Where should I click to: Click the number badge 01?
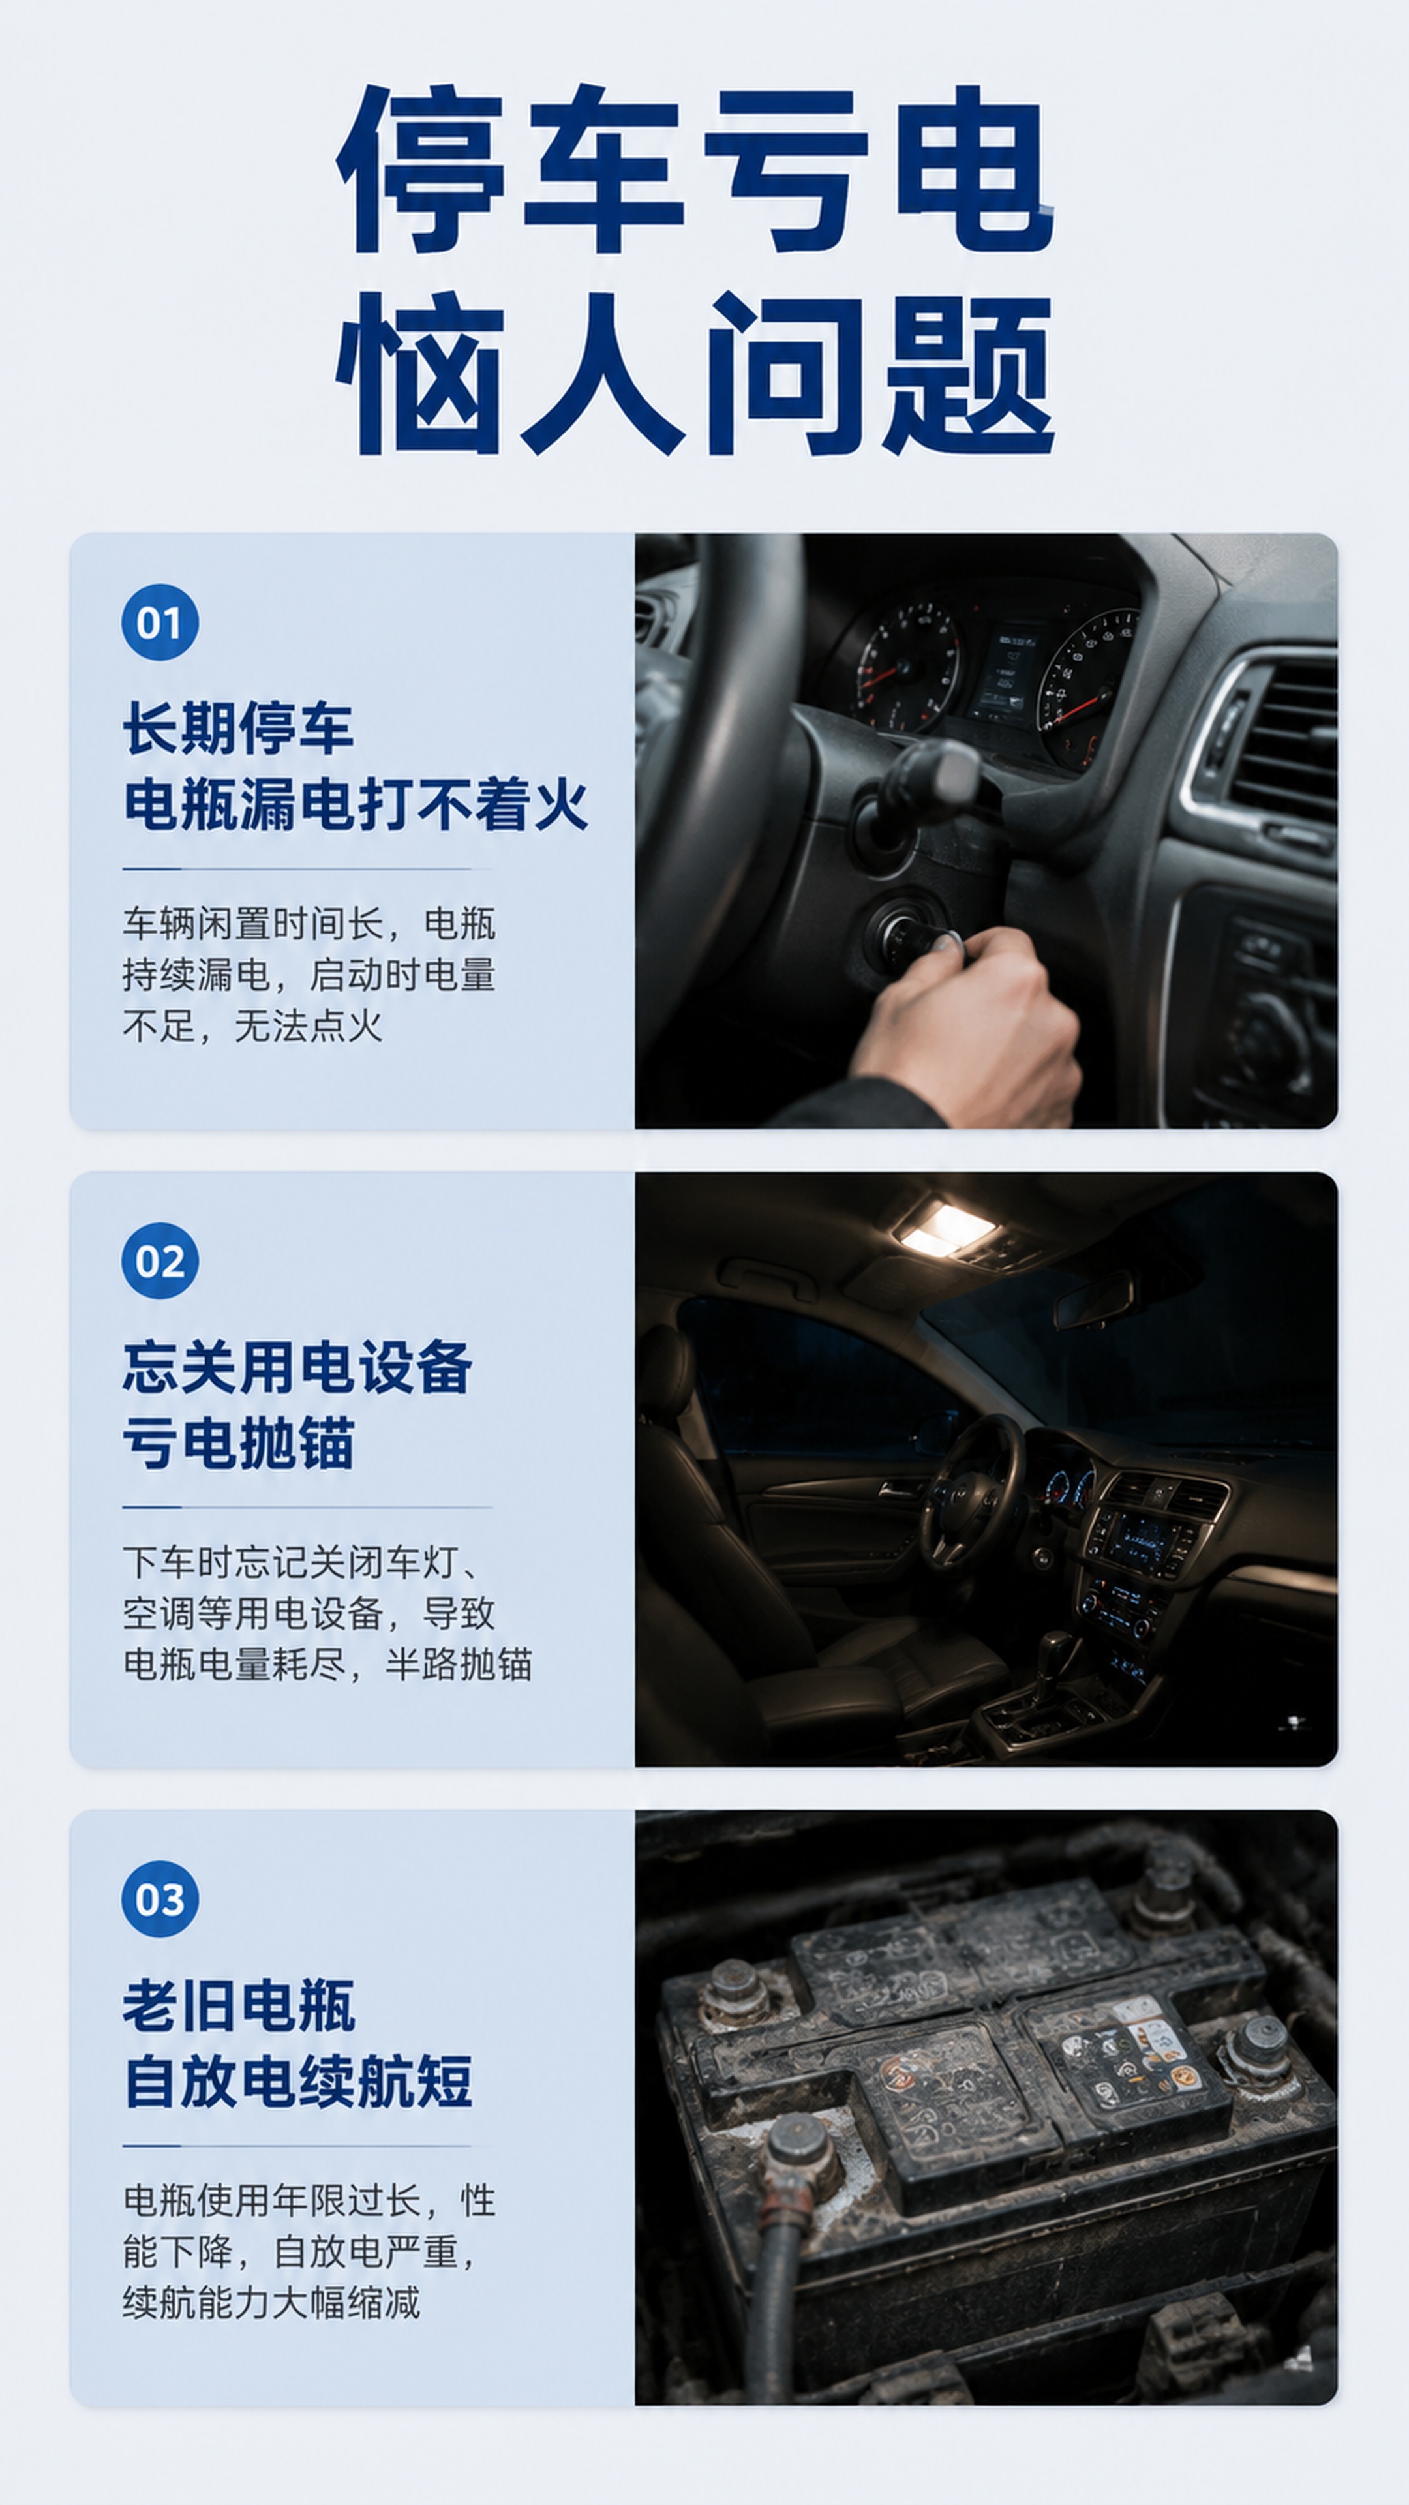[159, 622]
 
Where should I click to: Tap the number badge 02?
[159, 1261]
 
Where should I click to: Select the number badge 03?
[159, 1899]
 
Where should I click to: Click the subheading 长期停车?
[238, 729]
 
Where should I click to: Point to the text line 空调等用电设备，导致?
[309, 1613]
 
